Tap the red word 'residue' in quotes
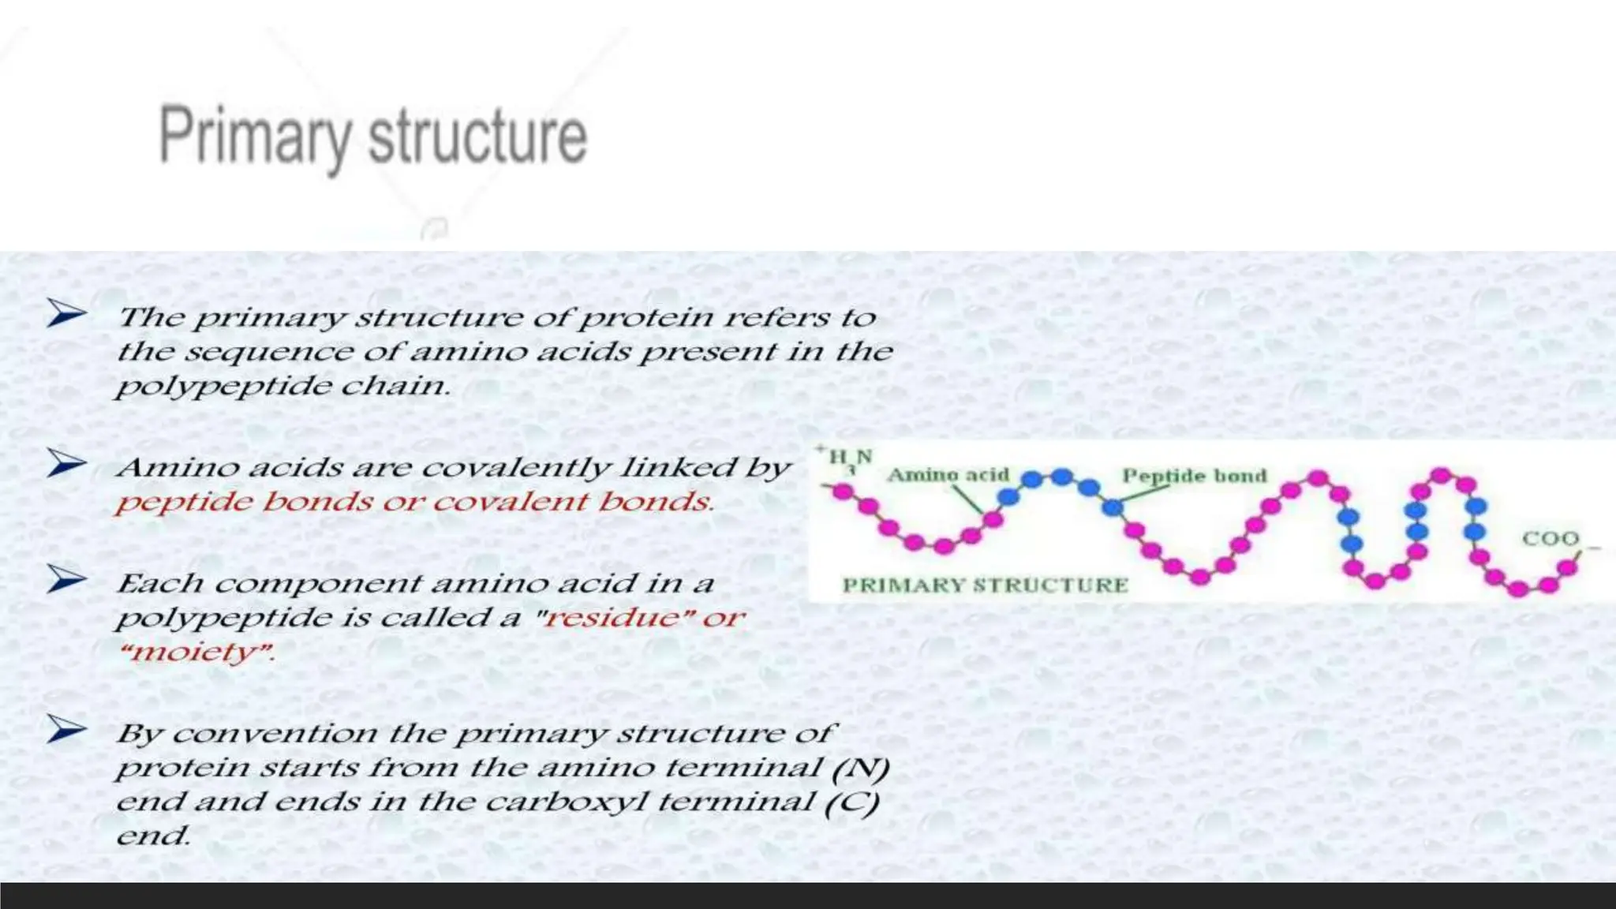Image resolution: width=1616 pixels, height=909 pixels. [x=612, y=618]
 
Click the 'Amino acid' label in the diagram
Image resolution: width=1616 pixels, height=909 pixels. [x=948, y=475]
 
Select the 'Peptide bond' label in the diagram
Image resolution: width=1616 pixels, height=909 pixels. [x=1194, y=476]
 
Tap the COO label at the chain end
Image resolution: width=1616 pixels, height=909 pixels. [x=1550, y=539]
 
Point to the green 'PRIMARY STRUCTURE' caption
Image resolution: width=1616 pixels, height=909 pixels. [x=985, y=585]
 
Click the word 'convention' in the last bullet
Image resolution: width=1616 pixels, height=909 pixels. [x=275, y=734]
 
